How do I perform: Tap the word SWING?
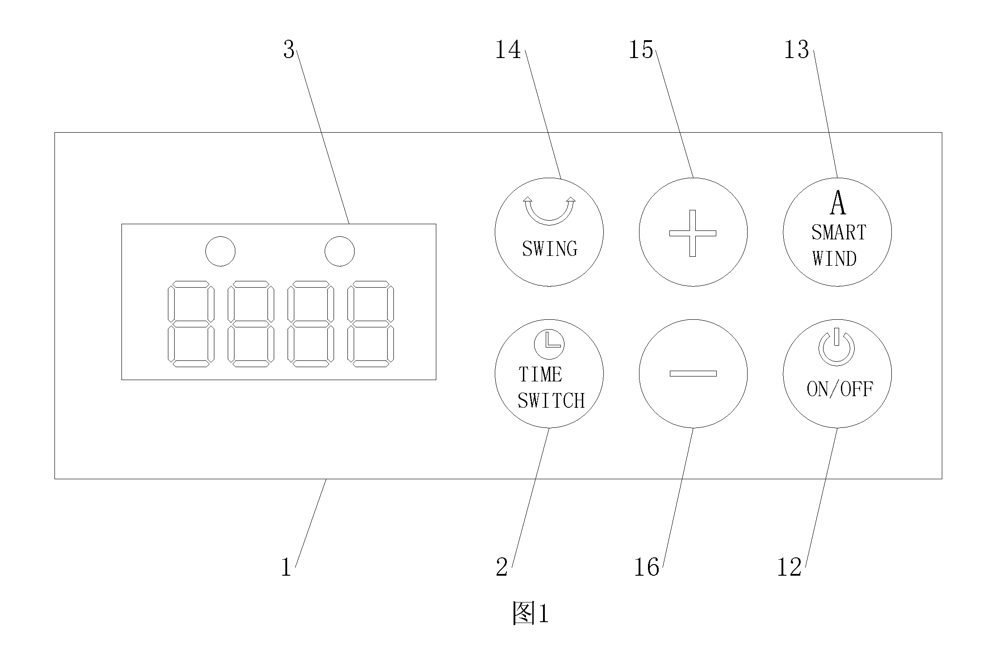(x=550, y=249)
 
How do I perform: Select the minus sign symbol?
(x=693, y=373)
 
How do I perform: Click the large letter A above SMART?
(x=838, y=203)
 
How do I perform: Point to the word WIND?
(x=834, y=259)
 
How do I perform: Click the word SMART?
(x=839, y=232)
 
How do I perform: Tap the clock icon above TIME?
(x=549, y=344)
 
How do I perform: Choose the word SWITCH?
(x=551, y=401)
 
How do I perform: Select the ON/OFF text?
(x=840, y=389)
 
